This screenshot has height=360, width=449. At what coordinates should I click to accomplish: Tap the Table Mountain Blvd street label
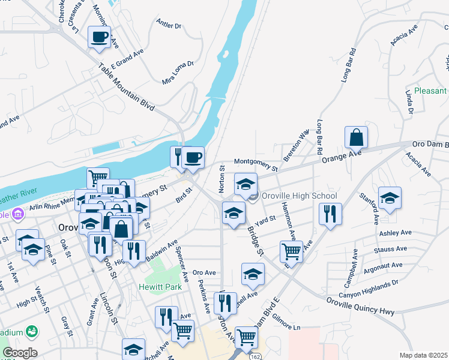tap(126, 87)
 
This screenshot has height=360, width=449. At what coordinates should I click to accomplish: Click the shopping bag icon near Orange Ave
tap(357, 137)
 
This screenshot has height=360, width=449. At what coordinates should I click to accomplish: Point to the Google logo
tap(20, 353)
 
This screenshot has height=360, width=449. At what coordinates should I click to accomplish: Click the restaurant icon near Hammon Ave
tap(330, 214)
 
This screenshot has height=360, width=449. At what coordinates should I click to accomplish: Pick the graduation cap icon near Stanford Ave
tap(390, 198)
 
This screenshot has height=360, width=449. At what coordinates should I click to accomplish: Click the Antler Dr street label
tap(168, 25)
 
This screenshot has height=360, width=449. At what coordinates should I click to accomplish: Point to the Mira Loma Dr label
tap(178, 72)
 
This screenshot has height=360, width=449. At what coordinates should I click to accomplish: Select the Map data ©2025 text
tap(423, 355)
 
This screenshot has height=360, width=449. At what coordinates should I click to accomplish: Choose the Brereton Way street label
tap(304, 144)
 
